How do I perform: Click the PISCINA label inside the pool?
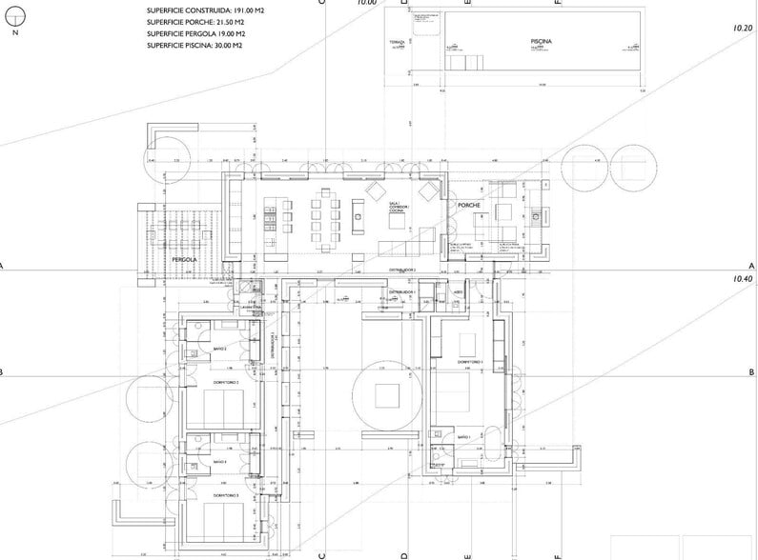tap(514, 42)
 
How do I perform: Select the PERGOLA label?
tap(183, 259)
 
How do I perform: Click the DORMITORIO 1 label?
tap(471, 363)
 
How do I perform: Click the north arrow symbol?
tap(14, 21)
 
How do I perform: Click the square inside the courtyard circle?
tap(387, 393)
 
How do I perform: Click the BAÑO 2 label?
tap(218, 350)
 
